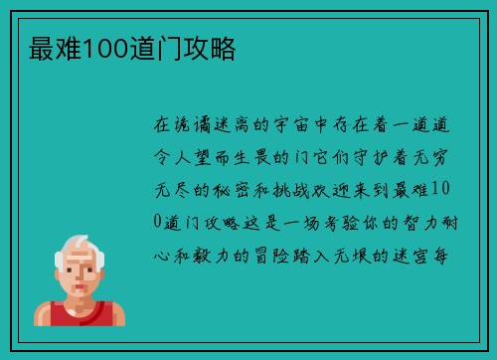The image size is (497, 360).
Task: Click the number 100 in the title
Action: (100, 47)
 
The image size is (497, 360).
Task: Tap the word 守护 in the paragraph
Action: (361, 158)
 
